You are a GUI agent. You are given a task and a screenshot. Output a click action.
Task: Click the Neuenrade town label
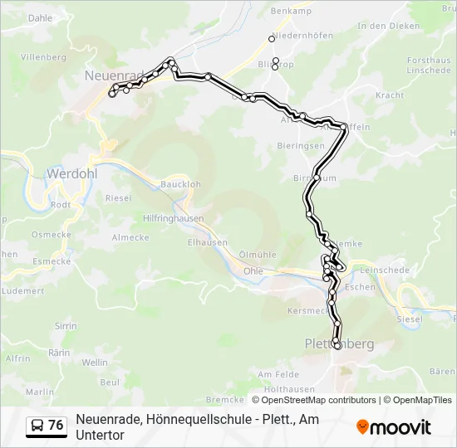[114, 75]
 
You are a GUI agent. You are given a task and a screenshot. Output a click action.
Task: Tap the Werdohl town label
[71, 176]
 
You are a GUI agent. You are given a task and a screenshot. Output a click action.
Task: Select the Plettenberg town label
[339, 343]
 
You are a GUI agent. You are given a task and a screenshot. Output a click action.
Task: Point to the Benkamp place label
[290, 12]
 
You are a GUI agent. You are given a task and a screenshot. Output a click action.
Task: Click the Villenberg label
[43, 57]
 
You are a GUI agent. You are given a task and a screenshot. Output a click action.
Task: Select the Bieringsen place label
[301, 145]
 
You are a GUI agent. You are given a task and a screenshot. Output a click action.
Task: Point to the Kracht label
[389, 95]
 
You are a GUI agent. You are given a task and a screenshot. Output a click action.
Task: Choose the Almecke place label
[130, 237]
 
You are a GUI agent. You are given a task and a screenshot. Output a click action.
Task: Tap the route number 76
[56, 426]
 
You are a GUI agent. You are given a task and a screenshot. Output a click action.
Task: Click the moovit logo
[394, 427]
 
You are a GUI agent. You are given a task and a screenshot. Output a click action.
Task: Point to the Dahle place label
[39, 17]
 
